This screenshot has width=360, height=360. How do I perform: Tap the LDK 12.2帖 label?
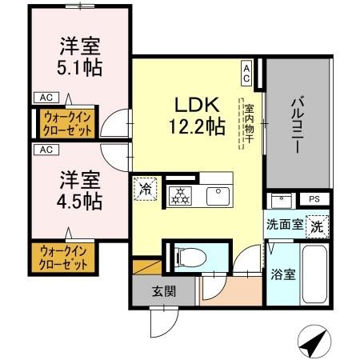pos(195,114)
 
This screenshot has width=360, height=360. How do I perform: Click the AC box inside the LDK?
pos(246,74)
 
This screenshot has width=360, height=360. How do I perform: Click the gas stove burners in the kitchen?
pos(179,195)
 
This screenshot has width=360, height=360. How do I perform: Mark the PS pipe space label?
pos(314,199)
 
